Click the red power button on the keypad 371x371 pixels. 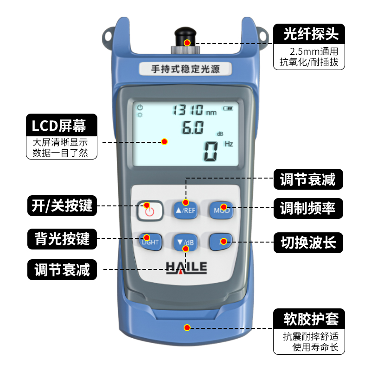(x=149, y=211)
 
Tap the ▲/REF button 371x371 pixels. (x=186, y=210)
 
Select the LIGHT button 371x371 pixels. (x=150, y=242)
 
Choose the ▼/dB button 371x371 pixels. (x=186, y=242)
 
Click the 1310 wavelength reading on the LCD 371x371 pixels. (x=188, y=110)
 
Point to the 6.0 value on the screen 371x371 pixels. (x=193, y=127)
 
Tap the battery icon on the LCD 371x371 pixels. (x=228, y=109)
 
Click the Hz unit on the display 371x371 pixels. (x=229, y=144)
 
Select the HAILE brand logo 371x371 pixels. (x=186, y=268)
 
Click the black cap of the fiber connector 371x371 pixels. (x=185, y=36)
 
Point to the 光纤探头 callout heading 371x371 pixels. (x=311, y=34)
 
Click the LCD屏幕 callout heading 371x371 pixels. (x=59, y=125)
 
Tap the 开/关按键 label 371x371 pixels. (x=62, y=205)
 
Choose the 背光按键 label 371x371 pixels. (x=62, y=239)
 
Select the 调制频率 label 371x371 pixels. (x=308, y=208)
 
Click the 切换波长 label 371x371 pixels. (x=308, y=243)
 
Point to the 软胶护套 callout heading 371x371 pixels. (x=311, y=319)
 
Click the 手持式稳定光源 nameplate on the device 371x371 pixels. (x=185, y=69)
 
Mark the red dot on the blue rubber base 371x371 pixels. (x=187, y=327)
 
